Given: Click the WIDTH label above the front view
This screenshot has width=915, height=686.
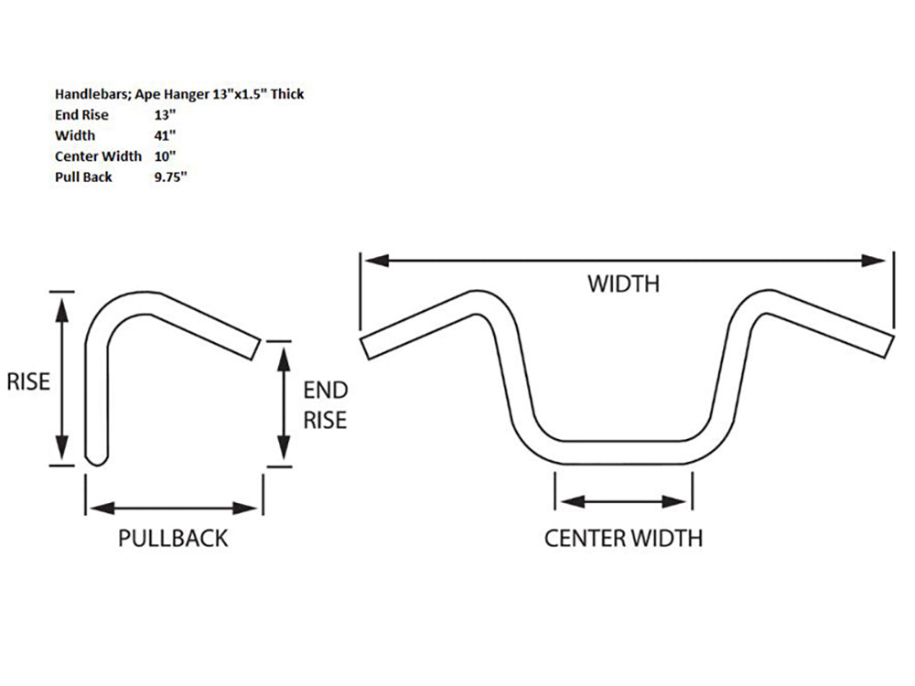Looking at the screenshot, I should coord(622,284).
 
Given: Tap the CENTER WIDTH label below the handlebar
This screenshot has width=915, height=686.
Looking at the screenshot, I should coord(623,538).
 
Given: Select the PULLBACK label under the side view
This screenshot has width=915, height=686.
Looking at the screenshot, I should coord(173,538).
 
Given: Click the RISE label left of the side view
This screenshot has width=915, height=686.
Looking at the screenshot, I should coord(27,381).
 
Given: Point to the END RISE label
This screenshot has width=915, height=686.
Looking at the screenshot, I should coord(325,405).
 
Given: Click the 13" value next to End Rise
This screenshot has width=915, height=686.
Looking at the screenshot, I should coord(166,115).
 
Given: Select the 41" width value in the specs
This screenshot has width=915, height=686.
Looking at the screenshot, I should coord(166,135).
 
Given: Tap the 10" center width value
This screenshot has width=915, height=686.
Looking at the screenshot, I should coord(166,156).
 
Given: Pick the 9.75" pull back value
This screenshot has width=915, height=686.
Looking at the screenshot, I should coord(171,177).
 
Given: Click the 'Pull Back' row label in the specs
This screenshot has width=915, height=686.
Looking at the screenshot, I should coord(83,177).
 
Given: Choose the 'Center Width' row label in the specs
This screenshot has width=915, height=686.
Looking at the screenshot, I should coord(98,156).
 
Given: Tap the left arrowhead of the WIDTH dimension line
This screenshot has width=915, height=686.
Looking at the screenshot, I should coord(370,261).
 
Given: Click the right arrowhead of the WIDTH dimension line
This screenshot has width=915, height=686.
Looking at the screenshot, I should coord(879,261).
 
